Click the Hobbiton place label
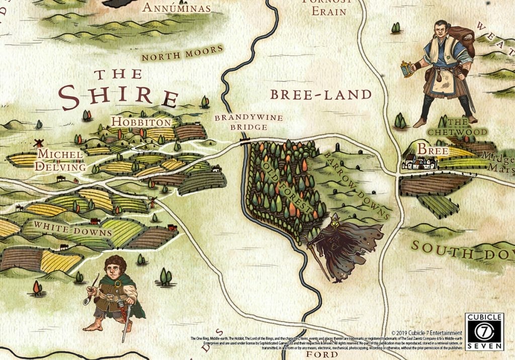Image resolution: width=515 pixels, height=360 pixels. (x=141, y=122)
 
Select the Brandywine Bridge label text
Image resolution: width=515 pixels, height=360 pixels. (x=248, y=122)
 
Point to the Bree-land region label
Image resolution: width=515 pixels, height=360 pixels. (x=320, y=94)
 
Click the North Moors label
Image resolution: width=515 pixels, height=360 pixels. (x=182, y=53)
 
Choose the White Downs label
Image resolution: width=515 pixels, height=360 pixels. (x=73, y=229)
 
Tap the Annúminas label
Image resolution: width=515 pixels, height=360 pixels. (x=176, y=8)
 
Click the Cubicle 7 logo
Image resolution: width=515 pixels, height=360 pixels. (x=484, y=331)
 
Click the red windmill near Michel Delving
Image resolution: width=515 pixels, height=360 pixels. (x=37, y=143)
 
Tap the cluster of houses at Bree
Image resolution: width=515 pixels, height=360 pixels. (x=418, y=162)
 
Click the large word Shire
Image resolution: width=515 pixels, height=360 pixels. (x=119, y=97)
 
